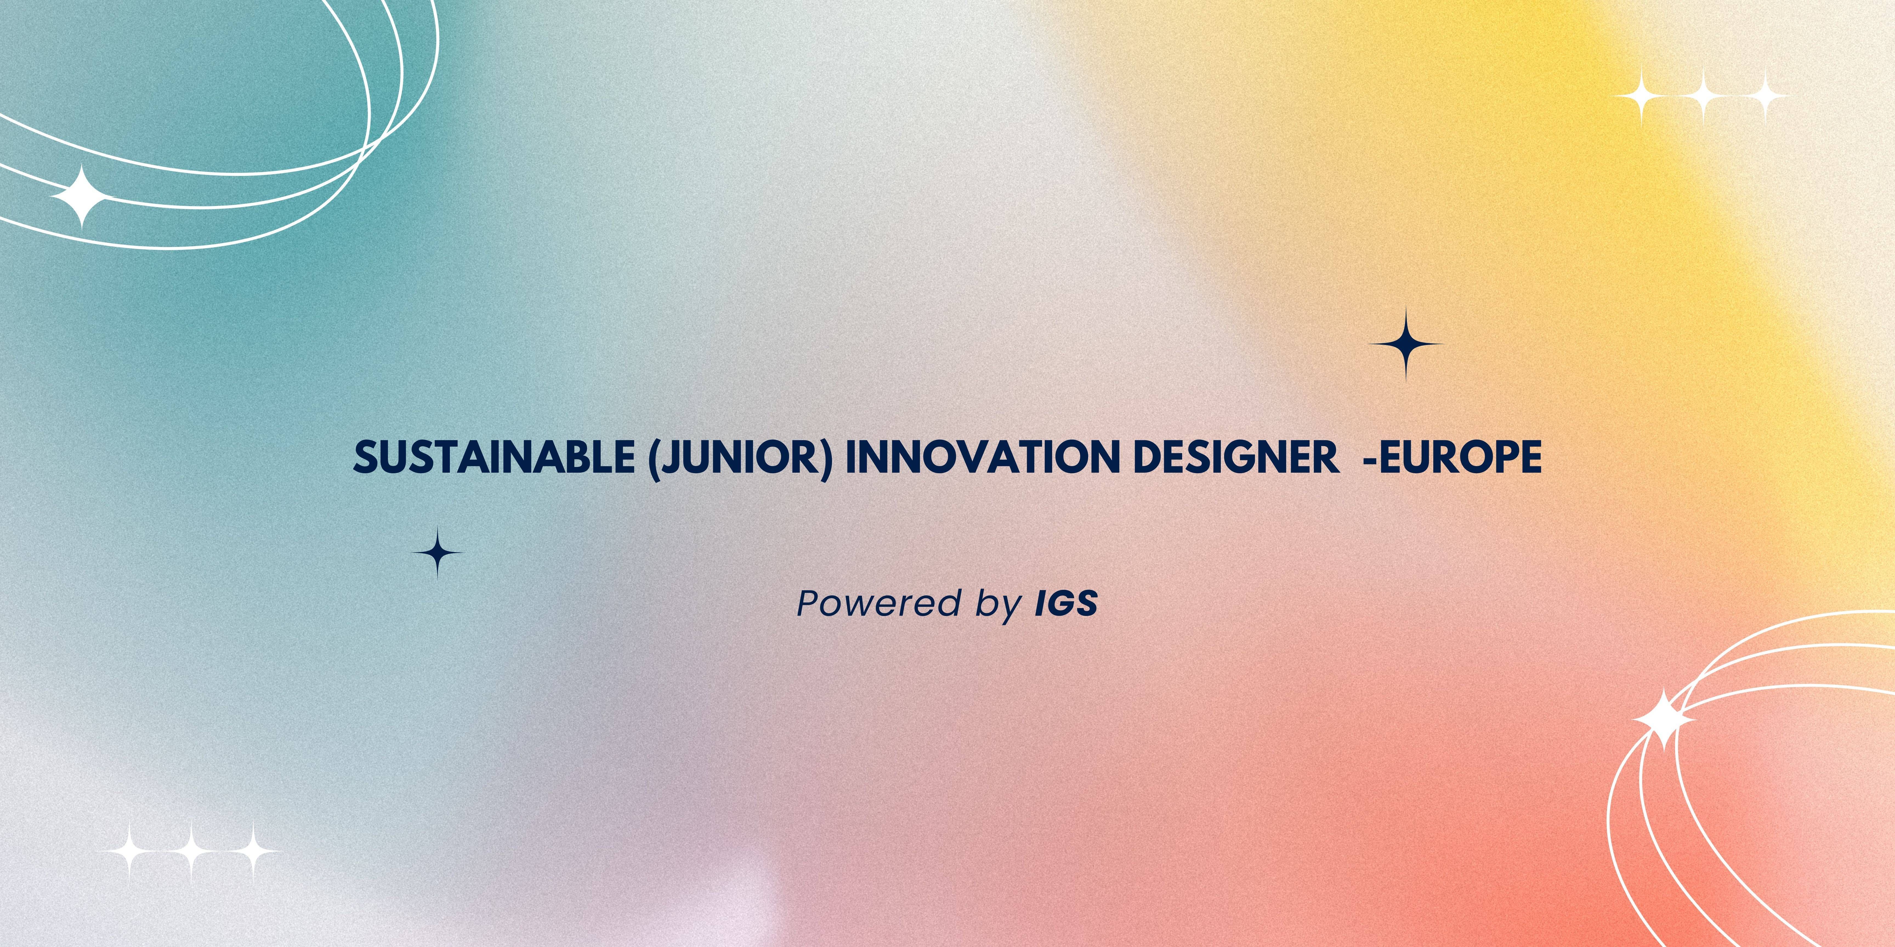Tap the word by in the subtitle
pos(999,605)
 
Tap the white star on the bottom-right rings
pos(1664,720)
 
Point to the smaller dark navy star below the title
pos(438,552)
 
